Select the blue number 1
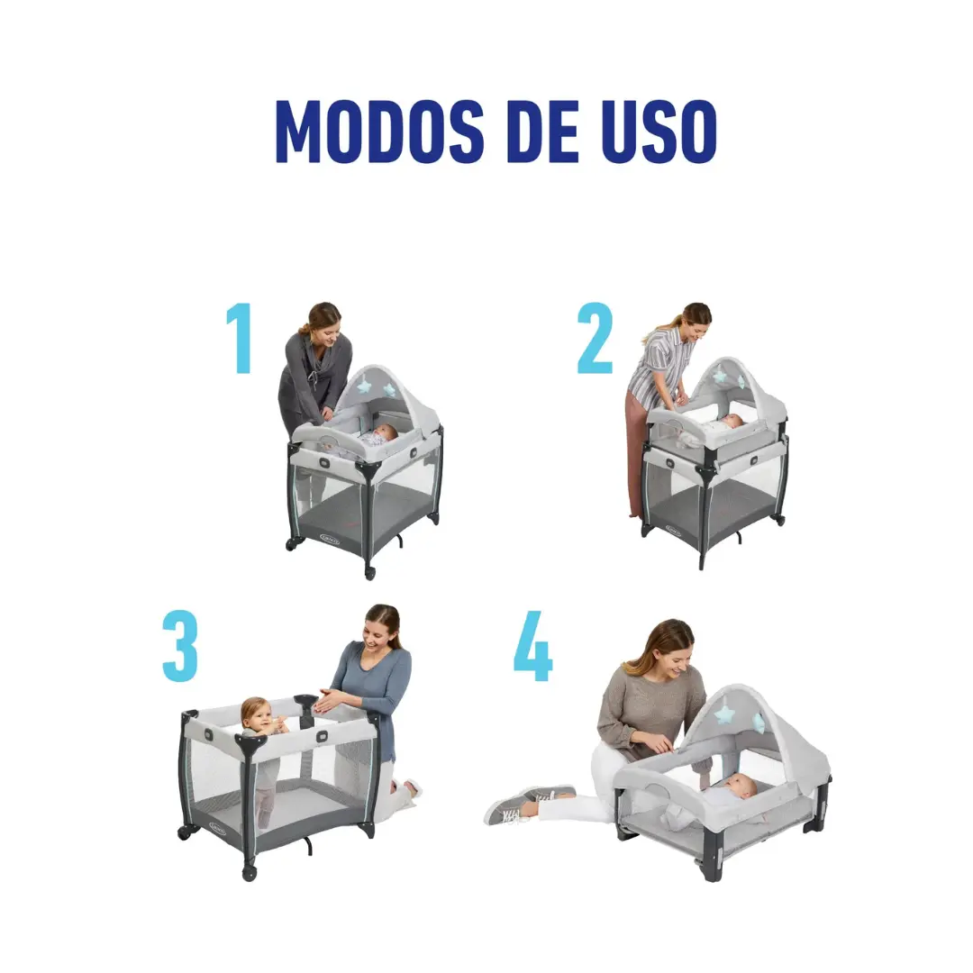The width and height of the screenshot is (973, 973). click(240, 338)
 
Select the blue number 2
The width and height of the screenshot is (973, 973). click(595, 338)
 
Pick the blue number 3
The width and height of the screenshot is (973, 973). click(180, 646)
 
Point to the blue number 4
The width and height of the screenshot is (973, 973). click(532, 646)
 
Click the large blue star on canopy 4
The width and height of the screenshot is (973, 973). click(723, 714)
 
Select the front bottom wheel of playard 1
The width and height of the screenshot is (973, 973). click(370, 573)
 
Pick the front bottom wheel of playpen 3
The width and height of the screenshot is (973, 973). click(249, 873)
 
